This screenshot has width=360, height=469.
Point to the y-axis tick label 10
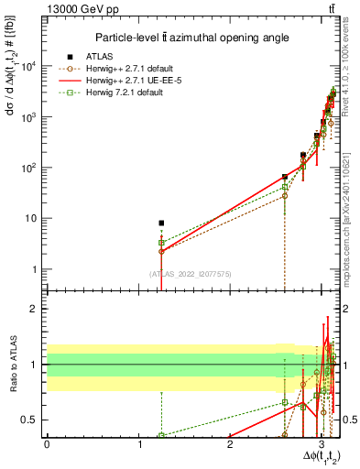click(33, 218)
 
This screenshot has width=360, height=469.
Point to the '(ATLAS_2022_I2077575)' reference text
click(190, 274)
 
